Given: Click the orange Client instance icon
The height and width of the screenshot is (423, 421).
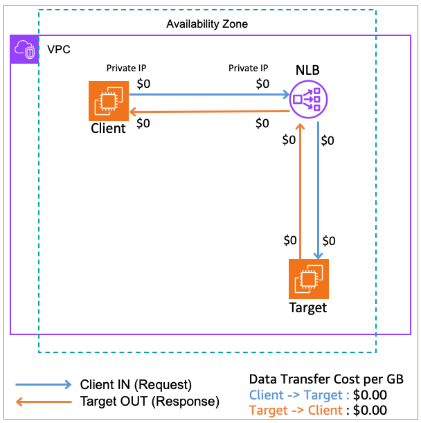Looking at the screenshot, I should click(x=108, y=101).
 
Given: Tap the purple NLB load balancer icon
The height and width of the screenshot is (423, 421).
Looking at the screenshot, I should click(x=307, y=100).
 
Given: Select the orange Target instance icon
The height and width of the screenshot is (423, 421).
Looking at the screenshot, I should click(x=308, y=279).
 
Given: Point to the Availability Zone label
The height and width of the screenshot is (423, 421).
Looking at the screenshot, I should click(x=206, y=24).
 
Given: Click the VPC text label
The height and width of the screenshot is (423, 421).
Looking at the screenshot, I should click(x=58, y=51).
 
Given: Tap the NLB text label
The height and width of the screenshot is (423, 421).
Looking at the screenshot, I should click(x=307, y=70).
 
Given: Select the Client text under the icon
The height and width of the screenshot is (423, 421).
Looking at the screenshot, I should click(x=108, y=129).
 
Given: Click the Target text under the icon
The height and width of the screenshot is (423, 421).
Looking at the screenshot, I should click(x=308, y=308).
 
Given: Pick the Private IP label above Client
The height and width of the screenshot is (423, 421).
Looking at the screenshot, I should click(x=126, y=69).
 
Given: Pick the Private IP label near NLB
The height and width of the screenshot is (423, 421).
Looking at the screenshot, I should click(x=248, y=69).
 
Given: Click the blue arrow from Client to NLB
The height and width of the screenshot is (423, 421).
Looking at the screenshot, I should click(x=208, y=95).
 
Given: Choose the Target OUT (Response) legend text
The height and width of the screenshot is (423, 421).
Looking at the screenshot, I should click(x=150, y=402).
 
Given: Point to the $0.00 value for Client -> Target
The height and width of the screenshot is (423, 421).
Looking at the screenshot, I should click(x=369, y=395).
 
